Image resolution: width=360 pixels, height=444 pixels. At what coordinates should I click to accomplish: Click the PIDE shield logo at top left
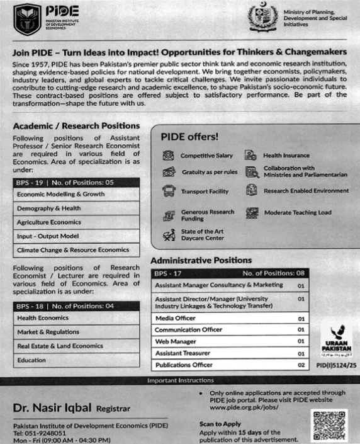pos(26,20)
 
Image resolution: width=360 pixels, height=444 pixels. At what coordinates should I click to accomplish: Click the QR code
pos(329,425)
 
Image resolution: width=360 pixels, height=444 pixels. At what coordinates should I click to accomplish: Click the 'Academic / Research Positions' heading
pos(76,126)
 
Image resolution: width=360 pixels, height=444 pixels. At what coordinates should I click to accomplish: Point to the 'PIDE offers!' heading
pos(189,135)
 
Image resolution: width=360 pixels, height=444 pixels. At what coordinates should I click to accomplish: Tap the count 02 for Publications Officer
pos(301,365)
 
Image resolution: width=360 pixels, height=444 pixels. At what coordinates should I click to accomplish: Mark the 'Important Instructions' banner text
pos(180,380)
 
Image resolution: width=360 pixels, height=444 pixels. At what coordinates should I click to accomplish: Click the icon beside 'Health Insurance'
pos(250,155)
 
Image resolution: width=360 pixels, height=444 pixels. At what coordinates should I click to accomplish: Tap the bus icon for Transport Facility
pos(168,191)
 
